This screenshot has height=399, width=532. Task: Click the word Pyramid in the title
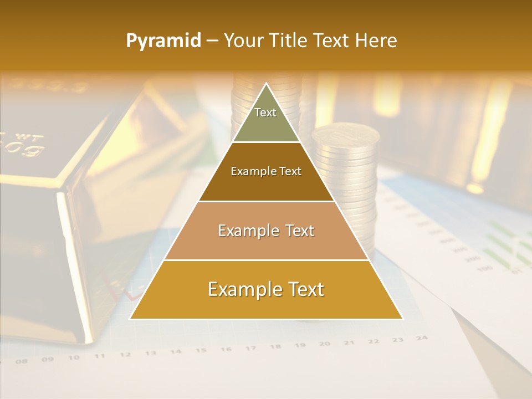point(163,41)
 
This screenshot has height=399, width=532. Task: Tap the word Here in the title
point(377,40)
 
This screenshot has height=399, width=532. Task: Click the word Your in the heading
point(243,40)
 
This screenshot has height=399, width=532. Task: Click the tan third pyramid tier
point(266,231)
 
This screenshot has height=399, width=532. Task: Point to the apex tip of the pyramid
point(266,84)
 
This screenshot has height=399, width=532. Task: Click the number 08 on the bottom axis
point(22,361)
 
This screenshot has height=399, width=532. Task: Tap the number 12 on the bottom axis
point(125,355)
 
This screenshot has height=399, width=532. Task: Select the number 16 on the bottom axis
point(226,349)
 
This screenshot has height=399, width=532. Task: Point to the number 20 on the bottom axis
point(325,344)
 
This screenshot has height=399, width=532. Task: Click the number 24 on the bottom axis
point(422,337)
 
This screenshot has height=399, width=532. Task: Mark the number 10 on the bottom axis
point(74,358)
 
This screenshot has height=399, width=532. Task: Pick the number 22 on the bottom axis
point(374,341)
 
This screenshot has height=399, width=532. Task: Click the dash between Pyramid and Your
point(212,41)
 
